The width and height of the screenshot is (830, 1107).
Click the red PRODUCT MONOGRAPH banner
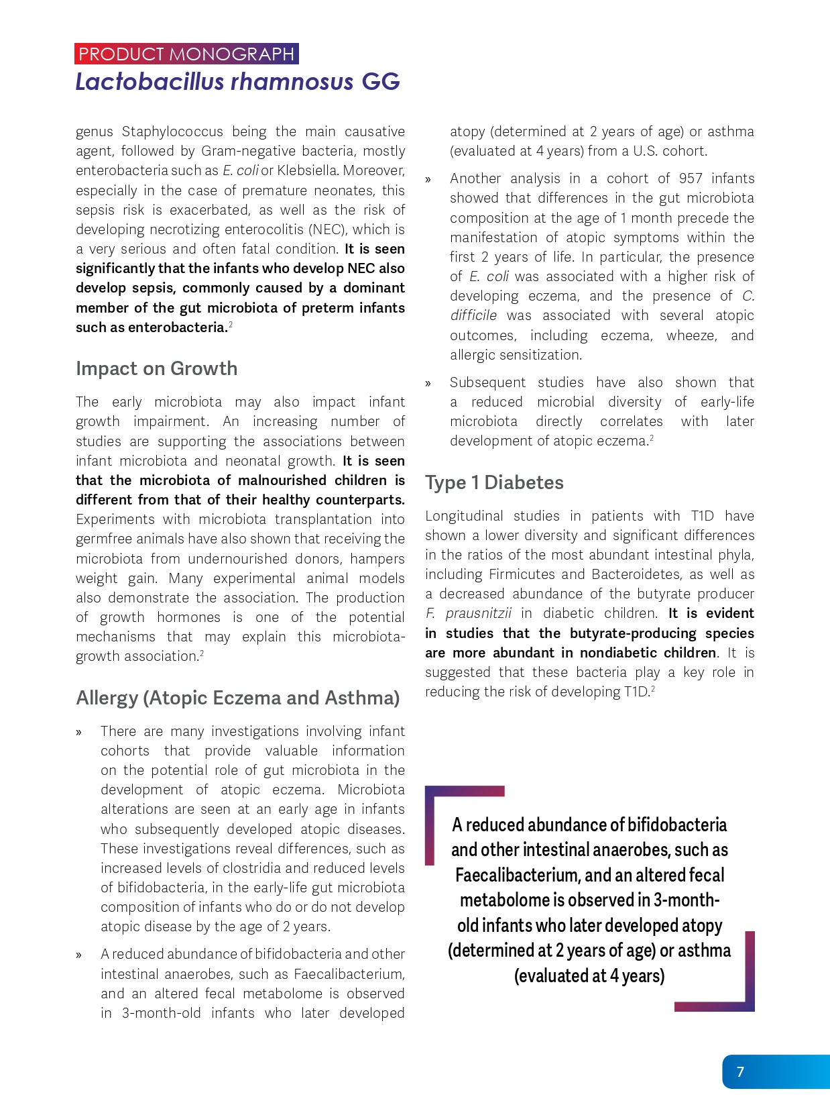click(x=186, y=54)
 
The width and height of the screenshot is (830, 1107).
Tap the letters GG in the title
click(x=381, y=81)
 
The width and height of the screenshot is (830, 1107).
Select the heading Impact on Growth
click(x=156, y=368)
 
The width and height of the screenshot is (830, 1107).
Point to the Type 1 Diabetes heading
click(x=494, y=482)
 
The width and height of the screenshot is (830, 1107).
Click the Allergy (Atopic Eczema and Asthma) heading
click(x=238, y=698)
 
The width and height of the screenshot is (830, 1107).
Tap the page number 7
click(x=740, y=1071)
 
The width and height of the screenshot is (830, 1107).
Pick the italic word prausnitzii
click(x=478, y=613)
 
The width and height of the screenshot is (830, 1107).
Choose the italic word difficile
click(x=473, y=315)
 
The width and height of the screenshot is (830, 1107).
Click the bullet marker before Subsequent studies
click(x=428, y=383)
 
